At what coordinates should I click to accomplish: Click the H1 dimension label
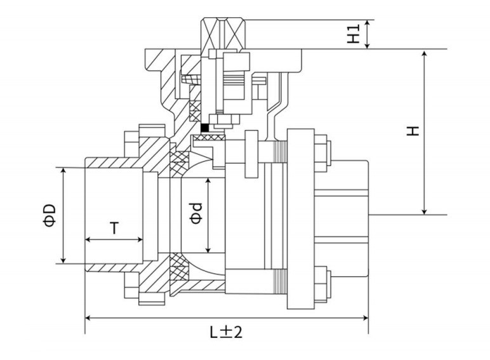click(353, 34)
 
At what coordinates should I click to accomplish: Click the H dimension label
click(413, 131)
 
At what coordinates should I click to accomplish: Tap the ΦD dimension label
click(50, 215)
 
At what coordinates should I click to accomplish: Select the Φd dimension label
click(196, 213)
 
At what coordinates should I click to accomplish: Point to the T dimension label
click(115, 228)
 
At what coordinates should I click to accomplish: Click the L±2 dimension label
click(226, 332)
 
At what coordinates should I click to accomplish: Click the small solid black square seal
click(204, 128)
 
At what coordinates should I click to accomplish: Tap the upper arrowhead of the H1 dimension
click(367, 23)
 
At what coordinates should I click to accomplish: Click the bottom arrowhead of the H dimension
click(424, 211)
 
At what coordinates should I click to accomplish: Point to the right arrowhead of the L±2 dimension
click(365, 318)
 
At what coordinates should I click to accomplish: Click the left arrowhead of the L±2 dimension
click(89, 318)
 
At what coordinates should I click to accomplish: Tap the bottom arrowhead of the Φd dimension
click(208, 249)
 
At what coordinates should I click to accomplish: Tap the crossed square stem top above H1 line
click(223, 34)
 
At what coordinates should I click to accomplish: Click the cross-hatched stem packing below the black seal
click(209, 137)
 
